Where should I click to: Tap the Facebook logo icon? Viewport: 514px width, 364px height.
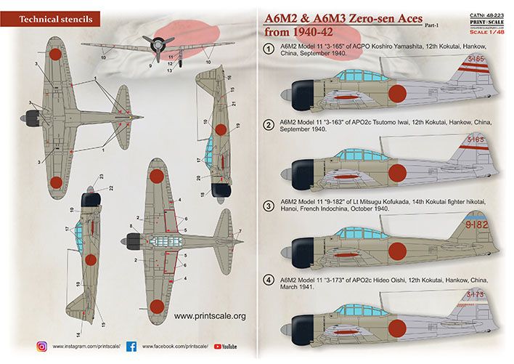pyautogui.click(x=131, y=347)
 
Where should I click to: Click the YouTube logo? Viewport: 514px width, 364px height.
pyautogui.click(x=230, y=347)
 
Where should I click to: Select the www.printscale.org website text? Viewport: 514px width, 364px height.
pyautogui.click(x=211, y=315)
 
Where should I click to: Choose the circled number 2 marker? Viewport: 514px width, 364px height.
pyautogui.click(x=269, y=125)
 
